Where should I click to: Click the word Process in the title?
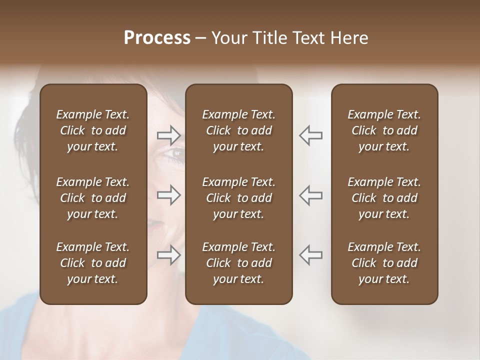tap(157, 38)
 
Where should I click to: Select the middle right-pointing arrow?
tap(168, 195)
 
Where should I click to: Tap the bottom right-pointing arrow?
tap(168, 254)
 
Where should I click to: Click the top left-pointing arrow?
tap(311, 135)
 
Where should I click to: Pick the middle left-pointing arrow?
tap(311, 195)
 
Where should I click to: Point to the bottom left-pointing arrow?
tap(311, 254)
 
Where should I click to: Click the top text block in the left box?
tap(93, 130)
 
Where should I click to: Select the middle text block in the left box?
tap(93, 198)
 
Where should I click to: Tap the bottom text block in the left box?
tap(93, 263)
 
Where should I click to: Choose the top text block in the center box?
tap(238, 130)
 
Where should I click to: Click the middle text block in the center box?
tap(238, 198)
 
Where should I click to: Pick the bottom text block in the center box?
tap(238, 263)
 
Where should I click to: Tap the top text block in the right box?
tap(384, 130)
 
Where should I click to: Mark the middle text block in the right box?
tap(384, 198)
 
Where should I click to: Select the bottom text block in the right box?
tap(384, 263)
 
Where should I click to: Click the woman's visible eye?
tap(175, 153)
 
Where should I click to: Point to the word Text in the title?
tap(309, 38)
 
